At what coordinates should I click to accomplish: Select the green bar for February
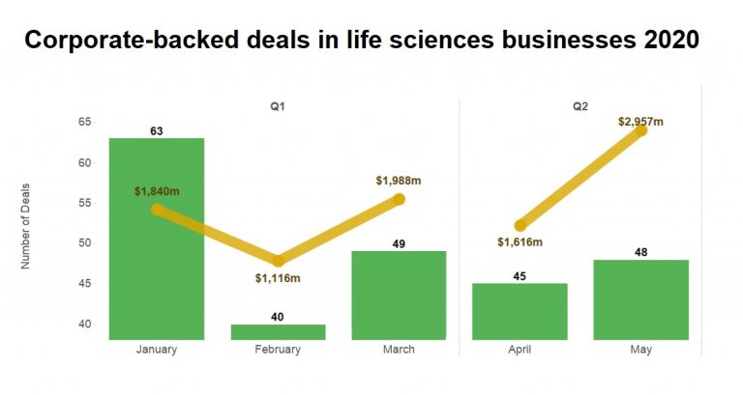click(278, 331)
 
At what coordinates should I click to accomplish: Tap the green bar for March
click(399, 295)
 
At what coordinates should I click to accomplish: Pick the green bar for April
click(520, 311)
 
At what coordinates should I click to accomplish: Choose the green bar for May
click(641, 298)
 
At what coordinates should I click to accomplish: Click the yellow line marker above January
click(157, 209)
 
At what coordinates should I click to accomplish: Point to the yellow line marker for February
click(279, 261)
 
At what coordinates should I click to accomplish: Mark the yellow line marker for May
click(640, 129)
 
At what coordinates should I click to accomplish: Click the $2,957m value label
click(641, 121)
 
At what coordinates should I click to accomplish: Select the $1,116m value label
click(279, 279)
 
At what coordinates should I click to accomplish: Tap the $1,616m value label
click(520, 241)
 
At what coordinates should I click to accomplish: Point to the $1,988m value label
click(399, 181)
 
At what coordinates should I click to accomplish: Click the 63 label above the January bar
click(156, 130)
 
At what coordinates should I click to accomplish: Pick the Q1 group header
click(279, 106)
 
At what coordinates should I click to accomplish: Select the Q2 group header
click(580, 106)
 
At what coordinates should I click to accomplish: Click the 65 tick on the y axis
click(85, 122)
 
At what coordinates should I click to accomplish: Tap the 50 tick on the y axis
click(85, 242)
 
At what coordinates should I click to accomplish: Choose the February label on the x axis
click(278, 350)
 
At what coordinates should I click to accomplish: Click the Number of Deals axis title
click(29, 223)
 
